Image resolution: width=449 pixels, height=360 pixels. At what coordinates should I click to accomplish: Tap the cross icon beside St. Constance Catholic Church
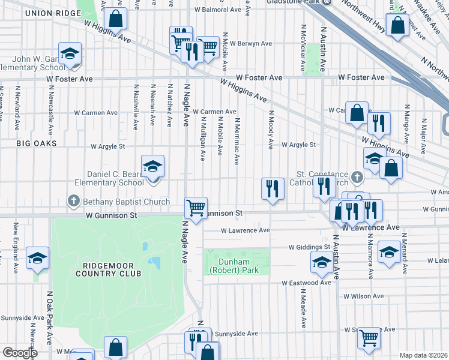(x=357, y=177)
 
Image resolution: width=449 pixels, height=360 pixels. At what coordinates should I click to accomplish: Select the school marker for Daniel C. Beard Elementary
(x=152, y=166)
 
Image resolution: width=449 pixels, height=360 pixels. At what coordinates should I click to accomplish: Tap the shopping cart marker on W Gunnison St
(x=196, y=208)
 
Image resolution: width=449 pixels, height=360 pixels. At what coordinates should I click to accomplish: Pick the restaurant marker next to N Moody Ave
(x=273, y=188)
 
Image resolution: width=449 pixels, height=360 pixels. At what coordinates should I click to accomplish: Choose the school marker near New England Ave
(x=37, y=257)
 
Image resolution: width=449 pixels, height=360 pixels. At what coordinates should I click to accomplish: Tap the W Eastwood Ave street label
(x=306, y=283)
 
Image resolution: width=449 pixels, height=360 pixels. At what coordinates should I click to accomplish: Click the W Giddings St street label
(x=309, y=247)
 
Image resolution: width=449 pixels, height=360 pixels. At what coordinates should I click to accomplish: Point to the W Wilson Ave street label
(x=363, y=296)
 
